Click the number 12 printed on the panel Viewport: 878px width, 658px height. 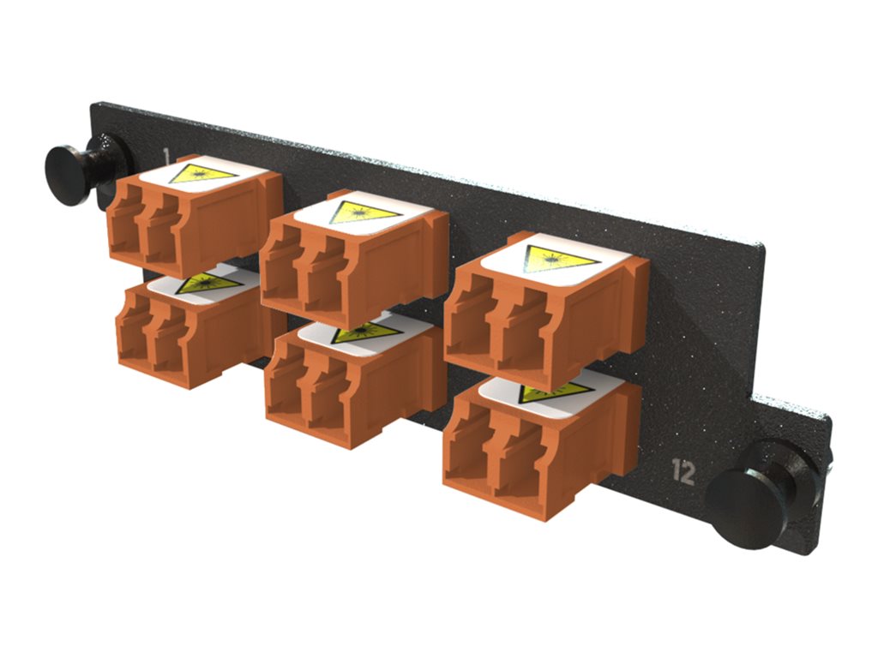point(683,472)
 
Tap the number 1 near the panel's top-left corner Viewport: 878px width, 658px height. point(166,155)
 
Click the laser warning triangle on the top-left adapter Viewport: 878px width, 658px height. point(202,174)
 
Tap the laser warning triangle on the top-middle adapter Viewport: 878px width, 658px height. point(365,212)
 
